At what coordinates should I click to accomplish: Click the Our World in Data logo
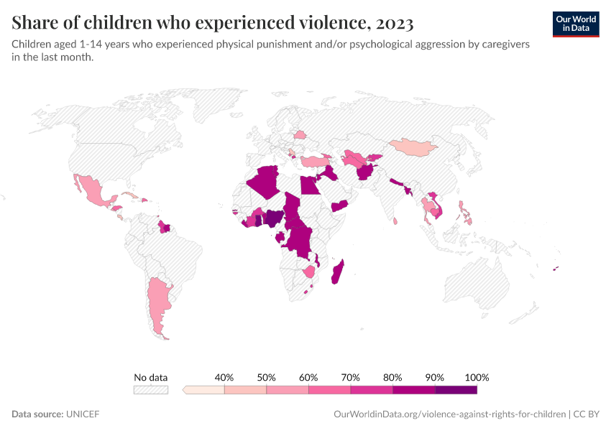575,24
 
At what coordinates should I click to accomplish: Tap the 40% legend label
224,377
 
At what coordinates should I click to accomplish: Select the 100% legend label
477,377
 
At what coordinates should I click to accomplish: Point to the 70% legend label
351,377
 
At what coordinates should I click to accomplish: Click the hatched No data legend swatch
150,390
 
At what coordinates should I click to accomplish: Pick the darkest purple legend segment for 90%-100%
456,390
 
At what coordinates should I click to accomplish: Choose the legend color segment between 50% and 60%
288,390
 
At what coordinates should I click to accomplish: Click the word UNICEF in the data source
83,414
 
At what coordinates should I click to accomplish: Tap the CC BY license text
587,414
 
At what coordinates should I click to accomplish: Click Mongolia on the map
413,147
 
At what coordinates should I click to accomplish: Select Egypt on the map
310,186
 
